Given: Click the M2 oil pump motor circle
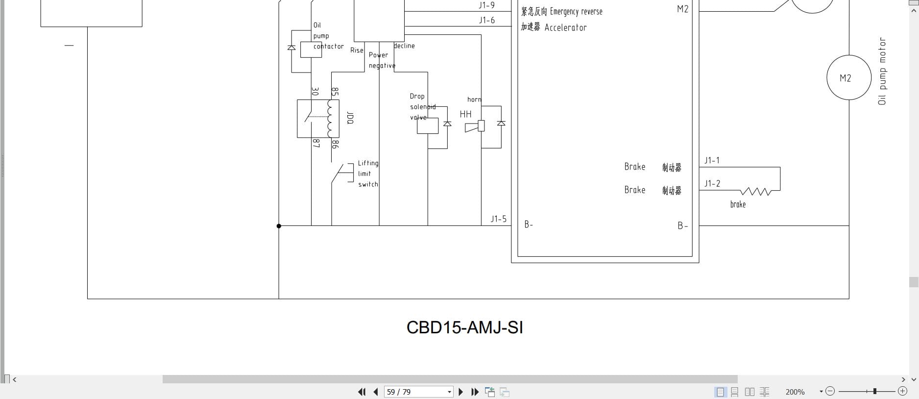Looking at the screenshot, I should pyautogui.click(x=849, y=77).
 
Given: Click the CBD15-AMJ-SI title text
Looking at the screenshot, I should pyautogui.click(x=464, y=327).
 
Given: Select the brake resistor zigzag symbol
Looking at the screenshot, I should pyautogui.click(x=756, y=191).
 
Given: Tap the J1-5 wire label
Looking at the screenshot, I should pyautogui.click(x=498, y=219).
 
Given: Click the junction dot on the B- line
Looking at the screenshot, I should pyautogui.click(x=279, y=226).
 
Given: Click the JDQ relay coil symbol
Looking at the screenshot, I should pyautogui.click(x=333, y=119).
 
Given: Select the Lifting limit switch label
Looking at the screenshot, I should pyautogui.click(x=368, y=174).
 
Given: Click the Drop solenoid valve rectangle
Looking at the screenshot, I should pyautogui.click(x=428, y=126).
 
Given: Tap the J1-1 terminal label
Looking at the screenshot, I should pyautogui.click(x=712, y=160).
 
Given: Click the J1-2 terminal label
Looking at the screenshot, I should pyautogui.click(x=712, y=183).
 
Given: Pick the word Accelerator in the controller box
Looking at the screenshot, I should pyautogui.click(x=565, y=27).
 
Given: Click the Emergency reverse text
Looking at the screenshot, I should pyautogui.click(x=576, y=11).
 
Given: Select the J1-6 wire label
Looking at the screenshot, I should pyautogui.click(x=486, y=20).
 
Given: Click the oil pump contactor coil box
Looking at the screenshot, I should pyautogui.click(x=311, y=50).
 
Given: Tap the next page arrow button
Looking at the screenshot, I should pyautogui.click(x=460, y=392).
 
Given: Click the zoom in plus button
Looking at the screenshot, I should pyautogui.click(x=902, y=391).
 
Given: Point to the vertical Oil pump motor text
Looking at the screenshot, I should pyautogui.click(x=882, y=71).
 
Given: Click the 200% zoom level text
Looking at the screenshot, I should pyautogui.click(x=795, y=392).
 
